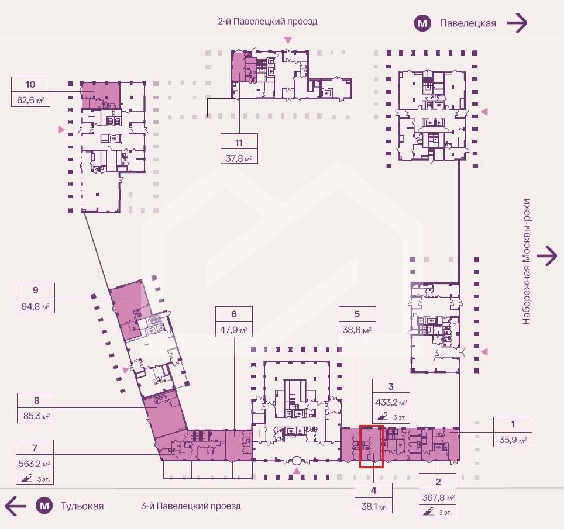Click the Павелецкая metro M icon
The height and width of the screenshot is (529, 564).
pyautogui.click(x=422, y=23)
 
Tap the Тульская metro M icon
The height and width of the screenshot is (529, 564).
pyautogui.click(x=44, y=506)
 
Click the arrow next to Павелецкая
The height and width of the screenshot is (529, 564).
pyautogui.click(x=517, y=23)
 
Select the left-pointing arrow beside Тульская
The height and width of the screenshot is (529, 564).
pyautogui.click(x=16, y=506)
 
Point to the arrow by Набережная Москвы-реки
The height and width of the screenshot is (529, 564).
pyautogui.click(x=546, y=256)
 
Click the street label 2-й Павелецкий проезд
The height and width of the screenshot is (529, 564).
pyautogui.click(x=267, y=22)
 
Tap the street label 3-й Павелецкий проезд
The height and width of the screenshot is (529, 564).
pyautogui.click(x=191, y=506)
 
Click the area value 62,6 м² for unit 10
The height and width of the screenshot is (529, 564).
pyautogui.click(x=30, y=101)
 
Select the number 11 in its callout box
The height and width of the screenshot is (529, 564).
pyautogui.click(x=239, y=143)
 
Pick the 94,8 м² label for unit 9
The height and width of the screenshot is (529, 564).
pyautogui.click(x=35, y=306)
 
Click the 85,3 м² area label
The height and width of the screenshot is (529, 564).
pyautogui.click(x=36, y=416)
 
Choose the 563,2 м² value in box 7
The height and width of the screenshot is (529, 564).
pyautogui.click(x=35, y=464)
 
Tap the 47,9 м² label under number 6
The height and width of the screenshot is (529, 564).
pyautogui.click(x=234, y=330)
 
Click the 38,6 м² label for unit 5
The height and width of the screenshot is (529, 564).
pyautogui.click(x=357, y=330)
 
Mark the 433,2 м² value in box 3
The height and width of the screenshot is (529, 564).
pyautogui.click(x=391, y=403)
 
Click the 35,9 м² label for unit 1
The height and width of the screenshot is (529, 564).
pyautogui.click(x=513, y=440)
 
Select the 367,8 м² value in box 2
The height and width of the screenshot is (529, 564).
pyautogui.click(x=438, y=498)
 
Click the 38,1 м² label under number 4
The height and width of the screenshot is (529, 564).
pyautogui.click(x=374, y=507)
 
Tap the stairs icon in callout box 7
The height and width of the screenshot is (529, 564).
pyautogui.click(x=26, y=478)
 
